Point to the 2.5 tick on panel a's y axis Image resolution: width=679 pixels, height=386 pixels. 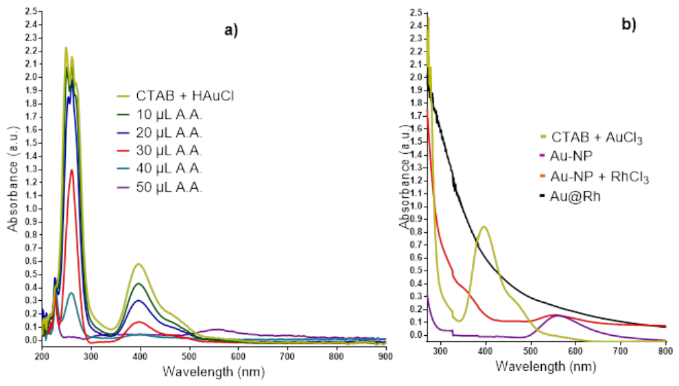30,12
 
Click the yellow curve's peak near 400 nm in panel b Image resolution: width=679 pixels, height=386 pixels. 484,227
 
